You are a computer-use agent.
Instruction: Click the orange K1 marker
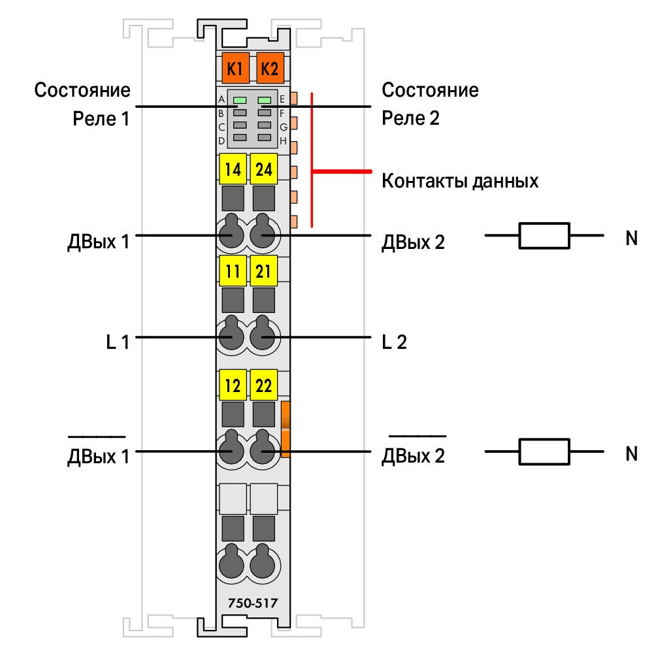point(235,68)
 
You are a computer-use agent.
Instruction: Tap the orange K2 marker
point(270,68)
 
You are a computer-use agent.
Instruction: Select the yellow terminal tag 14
point(233,169)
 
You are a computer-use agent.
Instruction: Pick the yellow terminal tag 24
point(263,169)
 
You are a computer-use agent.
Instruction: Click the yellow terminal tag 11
point(233,271)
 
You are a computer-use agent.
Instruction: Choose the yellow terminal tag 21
point(263,271)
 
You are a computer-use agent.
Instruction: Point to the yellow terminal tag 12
point(233,385)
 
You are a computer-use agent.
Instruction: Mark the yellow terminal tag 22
point(263,385)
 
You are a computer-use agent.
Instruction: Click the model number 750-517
point(253,603)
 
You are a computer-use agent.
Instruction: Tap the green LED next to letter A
point(240,100)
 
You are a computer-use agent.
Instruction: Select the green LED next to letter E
point(265,100)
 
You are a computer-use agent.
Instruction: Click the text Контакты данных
point(460,181)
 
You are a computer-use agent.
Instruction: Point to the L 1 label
point(118,342)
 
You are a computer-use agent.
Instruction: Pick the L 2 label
point(394,342)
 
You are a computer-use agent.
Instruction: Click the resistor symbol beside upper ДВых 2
point(544,235)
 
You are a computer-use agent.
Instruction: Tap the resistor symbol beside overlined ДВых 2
point(544,452)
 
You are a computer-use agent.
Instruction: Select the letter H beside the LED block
point(283,141)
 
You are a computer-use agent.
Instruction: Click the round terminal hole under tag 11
point(231,336)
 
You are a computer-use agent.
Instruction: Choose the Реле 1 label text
point(101,119)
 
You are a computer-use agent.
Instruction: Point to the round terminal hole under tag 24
point(262,234)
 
